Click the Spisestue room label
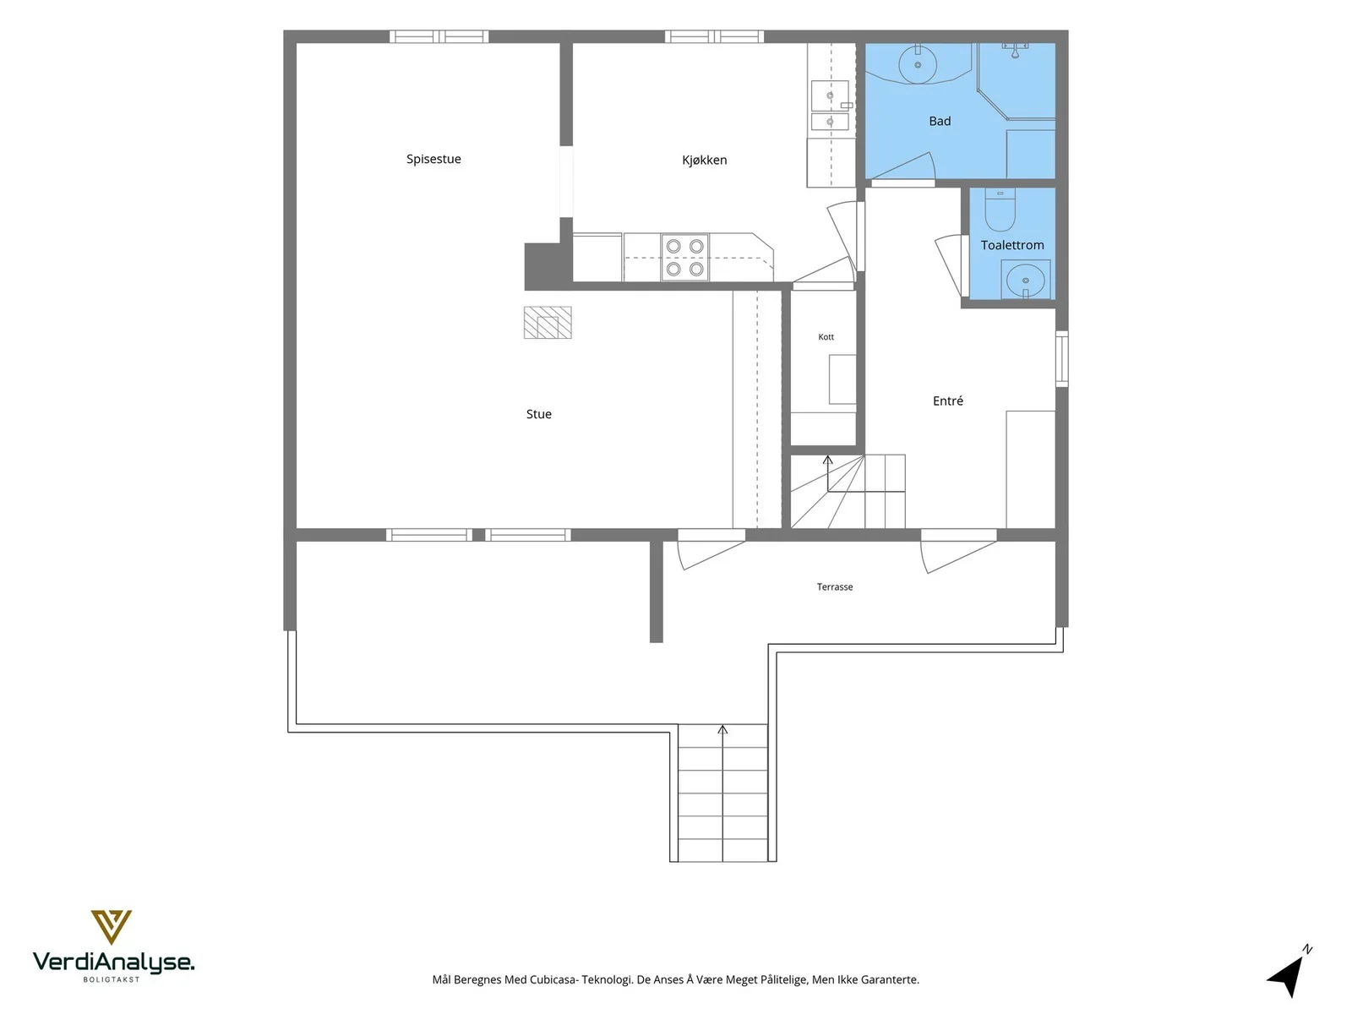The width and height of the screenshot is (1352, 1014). (x=433, y=159)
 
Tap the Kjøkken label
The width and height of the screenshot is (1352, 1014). (x=704, y=160)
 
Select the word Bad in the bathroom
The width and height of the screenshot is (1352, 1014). (x=940, y=122)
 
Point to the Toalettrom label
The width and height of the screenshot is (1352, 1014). (x=1012, y=245)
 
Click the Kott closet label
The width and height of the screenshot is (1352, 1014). (x=826, y=337)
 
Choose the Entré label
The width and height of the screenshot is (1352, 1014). (x=947, y=401)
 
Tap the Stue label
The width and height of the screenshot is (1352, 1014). (x=538, y=414)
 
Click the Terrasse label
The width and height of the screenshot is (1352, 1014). (x=835, y=586)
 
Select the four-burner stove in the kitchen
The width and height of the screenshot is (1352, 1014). (x=685, y=258)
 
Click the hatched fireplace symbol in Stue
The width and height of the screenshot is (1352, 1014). (x=548, y=323)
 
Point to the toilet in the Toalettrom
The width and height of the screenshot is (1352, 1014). (x=1000, y=210)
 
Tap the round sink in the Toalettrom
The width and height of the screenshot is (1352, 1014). (x=1025, y=281)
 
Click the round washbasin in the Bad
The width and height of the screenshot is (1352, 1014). (x=917, y=63)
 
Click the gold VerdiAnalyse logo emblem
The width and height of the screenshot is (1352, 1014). (x=112, y=927)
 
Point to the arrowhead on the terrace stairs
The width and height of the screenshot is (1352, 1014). (x=722, y=729)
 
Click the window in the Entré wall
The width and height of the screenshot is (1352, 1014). (x=1062, y=359)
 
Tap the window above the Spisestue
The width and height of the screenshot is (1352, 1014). (x=439, y=36)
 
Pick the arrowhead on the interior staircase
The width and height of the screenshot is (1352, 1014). (x=828, y=460)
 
